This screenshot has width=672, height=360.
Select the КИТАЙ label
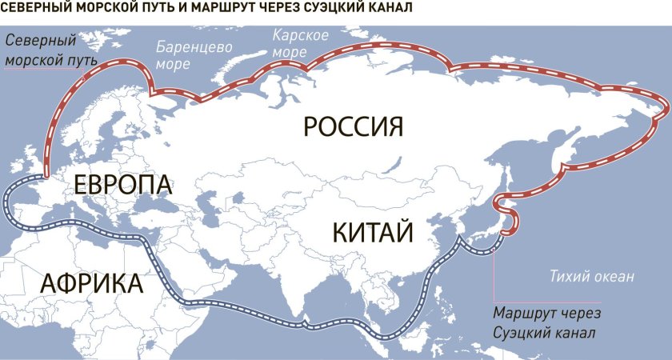tap(372, 233)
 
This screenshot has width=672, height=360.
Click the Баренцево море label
tap(194, 55)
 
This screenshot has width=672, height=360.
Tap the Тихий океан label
tap(591, 277)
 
